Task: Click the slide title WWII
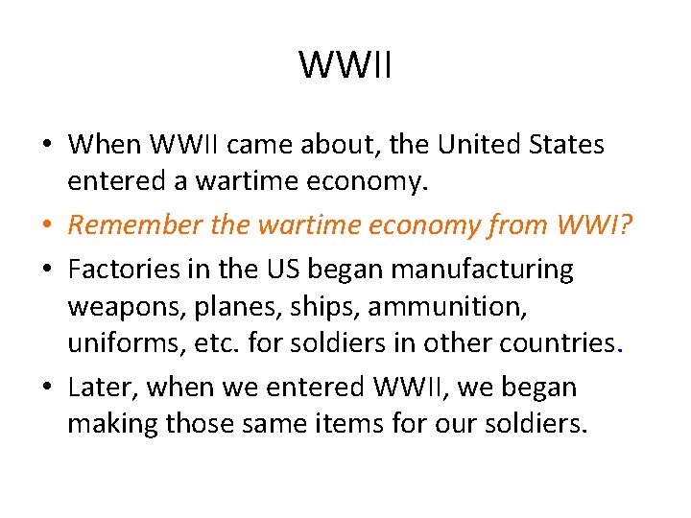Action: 345,66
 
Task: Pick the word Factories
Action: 130,271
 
